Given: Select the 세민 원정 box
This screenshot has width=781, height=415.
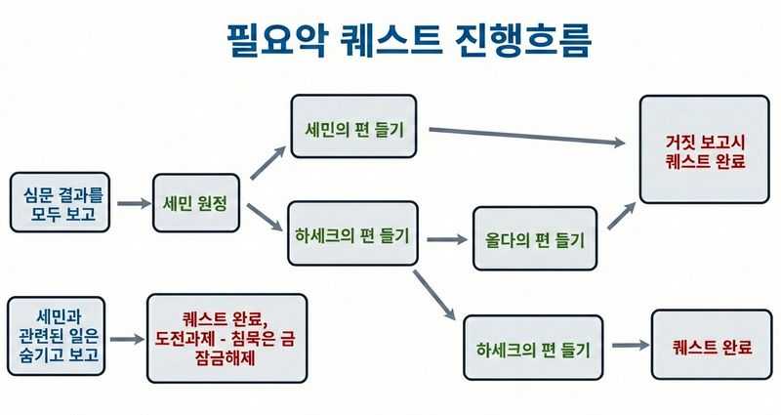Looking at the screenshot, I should point(196,203).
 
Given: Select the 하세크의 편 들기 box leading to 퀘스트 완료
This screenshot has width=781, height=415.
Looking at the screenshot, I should point(533,348).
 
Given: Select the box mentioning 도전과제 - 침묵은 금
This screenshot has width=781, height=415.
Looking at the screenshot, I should point(226,338).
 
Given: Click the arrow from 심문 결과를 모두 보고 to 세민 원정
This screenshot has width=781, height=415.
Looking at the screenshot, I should point(131,204).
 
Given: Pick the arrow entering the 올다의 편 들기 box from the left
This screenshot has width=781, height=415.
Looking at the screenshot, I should point(447,238).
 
